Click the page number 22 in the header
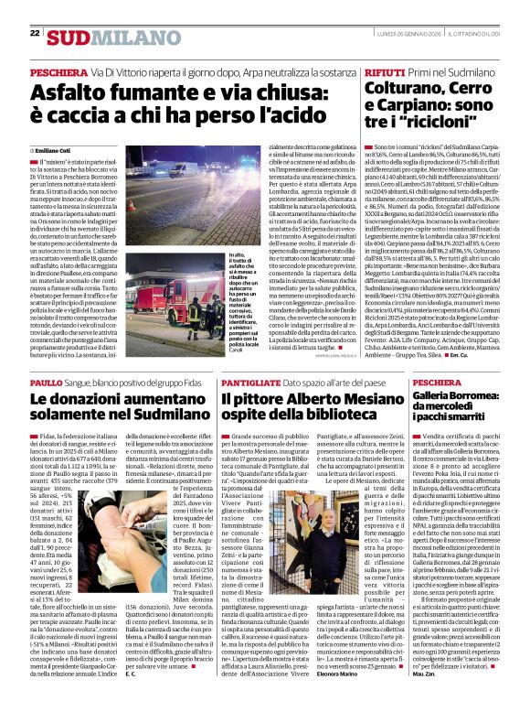tap(35, 34)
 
